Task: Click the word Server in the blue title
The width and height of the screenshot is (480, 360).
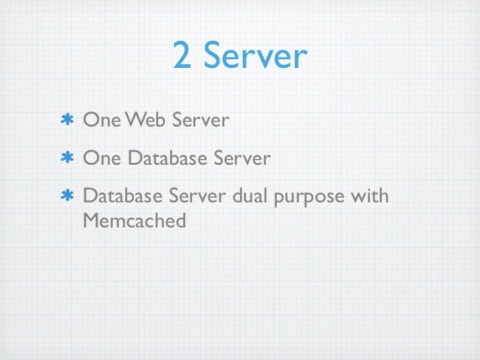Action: pyautogui.click(x=255, y=56)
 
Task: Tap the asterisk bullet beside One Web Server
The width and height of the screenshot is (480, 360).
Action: pyautogui.click(x=66, y=121)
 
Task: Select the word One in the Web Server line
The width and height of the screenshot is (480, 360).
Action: pyautogui.click(x=102, y=121)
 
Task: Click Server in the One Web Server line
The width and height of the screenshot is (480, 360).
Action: pyautogui.click(x=200, y=121)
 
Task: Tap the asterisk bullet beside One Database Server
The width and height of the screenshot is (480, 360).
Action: pyautogui.click(x=66, y=159)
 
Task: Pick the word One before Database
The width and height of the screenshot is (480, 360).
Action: pyautogui.click(x=102, y=159)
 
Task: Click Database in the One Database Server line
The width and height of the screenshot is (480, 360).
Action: pyautogui.click(x=167, y=159)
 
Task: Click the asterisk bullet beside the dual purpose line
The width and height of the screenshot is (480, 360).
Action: pyautogui.click(x=66, y=197)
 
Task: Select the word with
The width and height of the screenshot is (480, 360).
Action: pyautogui.click(x=370, y=197)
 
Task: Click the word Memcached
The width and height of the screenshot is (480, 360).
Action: pyautogui.click(x=135, y=221)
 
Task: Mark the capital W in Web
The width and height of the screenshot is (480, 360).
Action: pyautogui.click(x=136, y=121)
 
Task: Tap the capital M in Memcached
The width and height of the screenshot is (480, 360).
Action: pyautogui.click(x=92, y=221)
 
